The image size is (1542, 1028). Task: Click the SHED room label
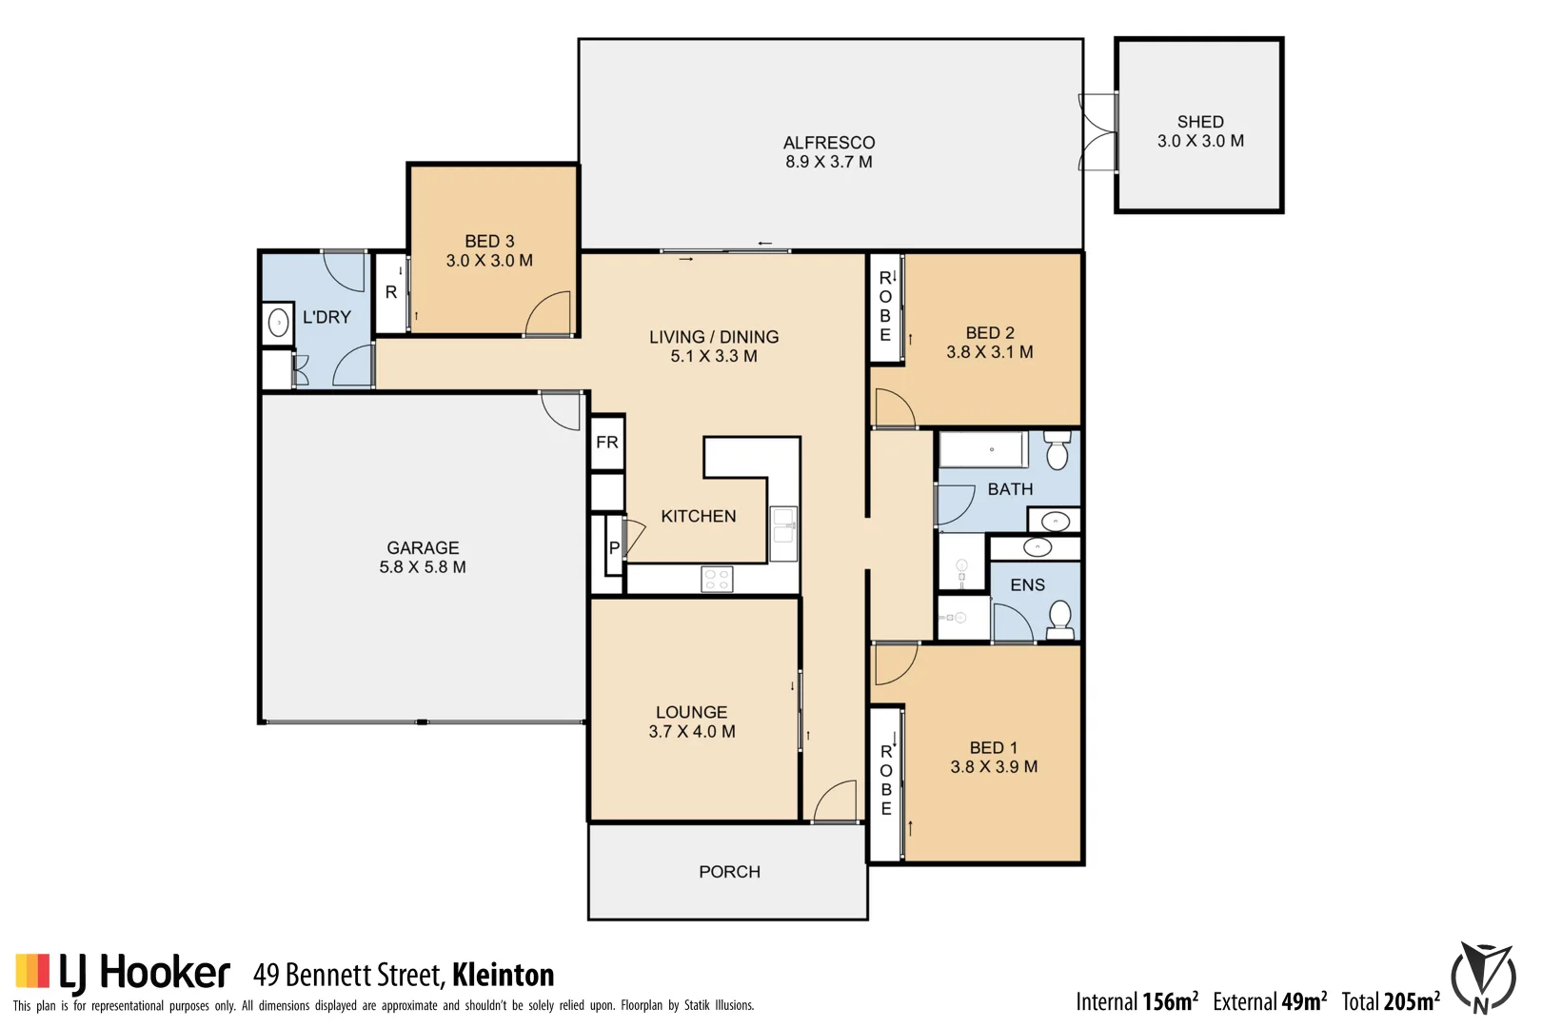(x=1199, y=122)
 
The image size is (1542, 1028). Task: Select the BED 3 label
(x=489, y=242)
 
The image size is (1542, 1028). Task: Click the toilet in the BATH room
(x=1057, y=451)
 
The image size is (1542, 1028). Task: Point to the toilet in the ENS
(x=1060, y=619)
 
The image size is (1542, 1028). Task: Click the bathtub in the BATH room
(x=983, y=449)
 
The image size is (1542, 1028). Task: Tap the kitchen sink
(x=783, y=533)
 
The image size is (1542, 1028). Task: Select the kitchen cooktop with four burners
(x=717, y=579)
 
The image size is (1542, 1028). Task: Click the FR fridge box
(x=607, y=443)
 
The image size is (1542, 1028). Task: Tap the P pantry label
(x=614, y=548)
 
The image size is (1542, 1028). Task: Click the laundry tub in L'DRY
(x=278, y=324)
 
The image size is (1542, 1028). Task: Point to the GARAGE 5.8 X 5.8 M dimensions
(x=423, y=567)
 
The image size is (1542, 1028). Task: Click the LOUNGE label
(x=691, y=712)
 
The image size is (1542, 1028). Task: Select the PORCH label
(x=729, y=872)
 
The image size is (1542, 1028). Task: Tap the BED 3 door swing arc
(x=548, y=314)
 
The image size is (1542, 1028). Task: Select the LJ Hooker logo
(x=124, y=973)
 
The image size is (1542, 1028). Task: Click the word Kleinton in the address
(x=503, y=975)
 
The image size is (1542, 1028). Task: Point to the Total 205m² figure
(x=1391, y=1001)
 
